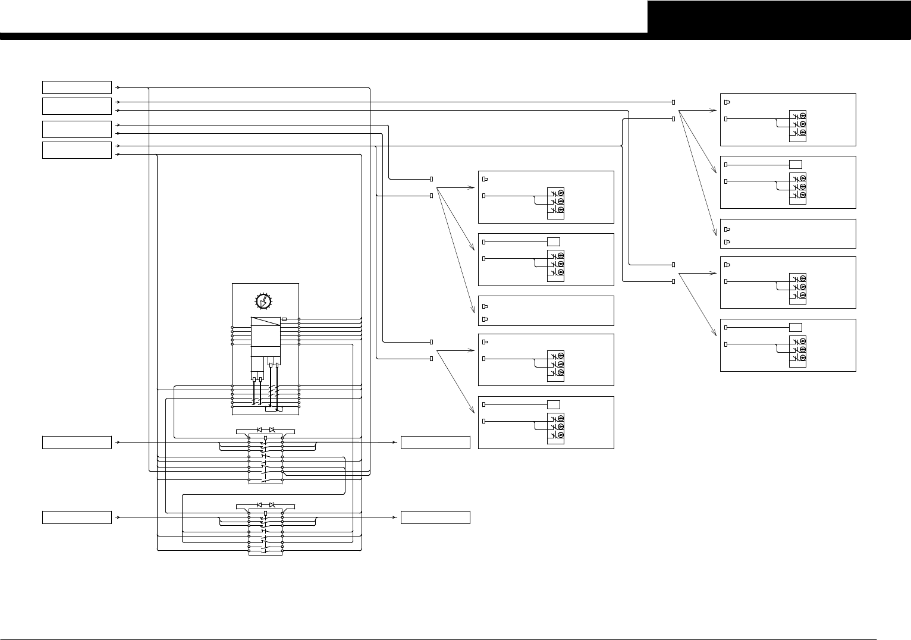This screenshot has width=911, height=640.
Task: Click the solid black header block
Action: coord(778,17)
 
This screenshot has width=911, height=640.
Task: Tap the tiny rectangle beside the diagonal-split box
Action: coord(284,319)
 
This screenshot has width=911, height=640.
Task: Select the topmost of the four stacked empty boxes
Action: coord(77,87)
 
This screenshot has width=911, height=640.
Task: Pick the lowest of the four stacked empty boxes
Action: coord(77,150)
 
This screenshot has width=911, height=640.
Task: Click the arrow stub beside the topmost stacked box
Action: coord(118,87)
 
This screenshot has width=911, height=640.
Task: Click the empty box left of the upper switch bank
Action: coord(77,443)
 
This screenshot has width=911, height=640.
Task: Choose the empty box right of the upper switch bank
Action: coord(435,443)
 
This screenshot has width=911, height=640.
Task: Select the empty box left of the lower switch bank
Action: coord(77,517)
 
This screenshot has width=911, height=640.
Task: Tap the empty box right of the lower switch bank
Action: coord(435,517)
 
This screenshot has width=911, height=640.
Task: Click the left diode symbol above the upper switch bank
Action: coord(259,429)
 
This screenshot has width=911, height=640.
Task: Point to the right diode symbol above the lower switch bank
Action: coord(272,504)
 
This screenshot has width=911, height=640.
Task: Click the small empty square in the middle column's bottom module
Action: coord(553,404)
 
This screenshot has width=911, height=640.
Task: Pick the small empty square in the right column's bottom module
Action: coord(795,327)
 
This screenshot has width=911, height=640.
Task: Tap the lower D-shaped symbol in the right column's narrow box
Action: coord(727,242)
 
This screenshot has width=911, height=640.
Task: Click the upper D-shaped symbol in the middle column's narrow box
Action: coord(485,306)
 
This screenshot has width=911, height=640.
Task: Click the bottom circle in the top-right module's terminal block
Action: coord(803,131)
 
